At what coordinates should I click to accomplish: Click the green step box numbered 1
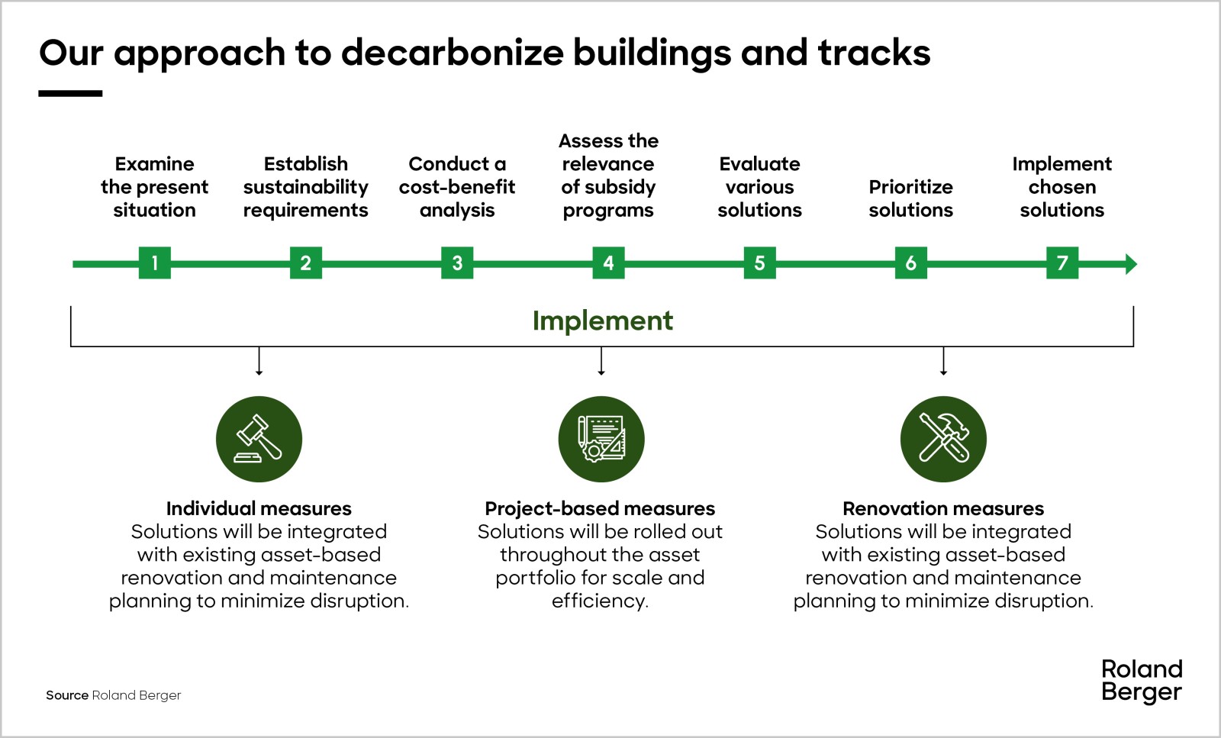[155, 263]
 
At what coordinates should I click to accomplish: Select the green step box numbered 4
[608, 263]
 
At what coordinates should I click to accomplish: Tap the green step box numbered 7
[1062, 263]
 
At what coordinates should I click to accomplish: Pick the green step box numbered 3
[457, 263]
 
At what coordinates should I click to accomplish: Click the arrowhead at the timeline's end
[1132, 264]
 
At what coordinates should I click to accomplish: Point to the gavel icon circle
[259, 439]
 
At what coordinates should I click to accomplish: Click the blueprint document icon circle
[601, 439]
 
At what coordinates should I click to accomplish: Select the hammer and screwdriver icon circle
[943, 439]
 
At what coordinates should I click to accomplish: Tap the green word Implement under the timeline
[603, 321]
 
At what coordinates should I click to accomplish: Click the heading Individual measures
[259, 508]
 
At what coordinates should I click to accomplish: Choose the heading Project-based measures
[600, 508]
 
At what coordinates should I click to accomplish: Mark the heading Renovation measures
[943, 508]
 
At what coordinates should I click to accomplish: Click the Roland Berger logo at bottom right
[1142, 681]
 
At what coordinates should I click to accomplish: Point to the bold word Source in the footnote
[67, 695]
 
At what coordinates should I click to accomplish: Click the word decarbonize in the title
[453, 53]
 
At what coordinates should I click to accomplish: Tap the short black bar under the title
[70, 94]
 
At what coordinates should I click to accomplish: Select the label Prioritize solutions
[911, 198]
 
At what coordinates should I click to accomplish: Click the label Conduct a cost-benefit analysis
[457, 187]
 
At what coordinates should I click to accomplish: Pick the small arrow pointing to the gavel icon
[259, 361]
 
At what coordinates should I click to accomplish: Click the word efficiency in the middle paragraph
[600, 601]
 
